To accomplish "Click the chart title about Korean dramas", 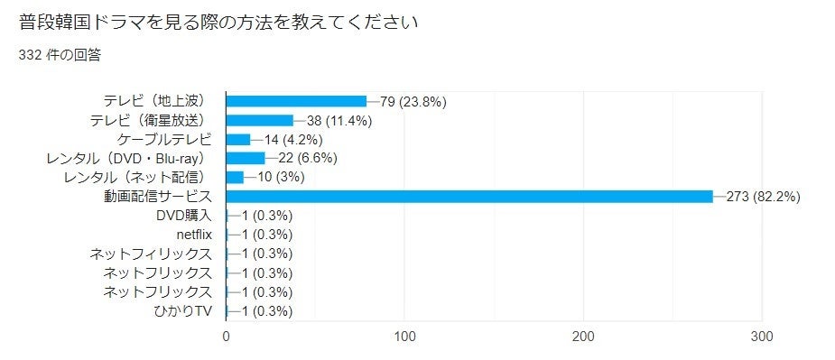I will pos(218,22).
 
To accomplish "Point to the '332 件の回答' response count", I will pos(60,55).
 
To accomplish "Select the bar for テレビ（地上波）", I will pos(296,101).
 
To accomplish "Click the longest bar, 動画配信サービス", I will pos(469,196).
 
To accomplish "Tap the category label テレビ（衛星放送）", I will pos(150,120).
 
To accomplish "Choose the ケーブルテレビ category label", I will pos(164,139).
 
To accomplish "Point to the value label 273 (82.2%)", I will pos(763,196).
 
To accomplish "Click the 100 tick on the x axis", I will pos(404,337).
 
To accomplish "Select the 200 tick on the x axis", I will pos(583,337).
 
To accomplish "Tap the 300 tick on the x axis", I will pos(762,337).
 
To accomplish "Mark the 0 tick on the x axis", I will pos(226,337).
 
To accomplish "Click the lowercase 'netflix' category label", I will pos(194,235).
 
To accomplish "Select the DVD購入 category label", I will pos(183,216).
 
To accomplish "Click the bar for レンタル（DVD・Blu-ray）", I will pos(245,158).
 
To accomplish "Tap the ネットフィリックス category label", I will pos(150,254).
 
